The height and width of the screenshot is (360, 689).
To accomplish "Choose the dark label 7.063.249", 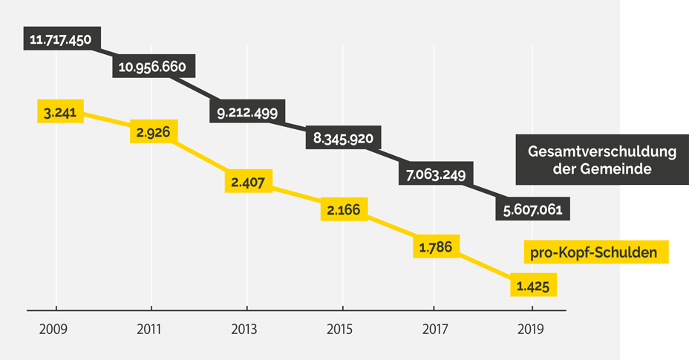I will (436, 175).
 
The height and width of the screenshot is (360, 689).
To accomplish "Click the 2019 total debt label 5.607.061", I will (532, 210).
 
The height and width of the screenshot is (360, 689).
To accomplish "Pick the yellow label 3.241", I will (59, 113).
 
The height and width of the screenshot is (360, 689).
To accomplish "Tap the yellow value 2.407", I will (249, 180).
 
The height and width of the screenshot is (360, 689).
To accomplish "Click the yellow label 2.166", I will (342, 210).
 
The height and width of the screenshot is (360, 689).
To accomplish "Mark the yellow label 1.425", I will (532, 284).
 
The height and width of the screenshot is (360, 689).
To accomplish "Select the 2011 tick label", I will (151, 329).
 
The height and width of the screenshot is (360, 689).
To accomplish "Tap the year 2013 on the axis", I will (245, 329).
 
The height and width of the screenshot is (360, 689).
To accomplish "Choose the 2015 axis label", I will (342, 329).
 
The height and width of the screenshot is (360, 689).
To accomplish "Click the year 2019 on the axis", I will (532, 329).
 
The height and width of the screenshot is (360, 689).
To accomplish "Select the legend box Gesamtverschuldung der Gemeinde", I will (601, 160).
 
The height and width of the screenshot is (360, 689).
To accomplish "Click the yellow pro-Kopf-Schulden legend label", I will (593, 252).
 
